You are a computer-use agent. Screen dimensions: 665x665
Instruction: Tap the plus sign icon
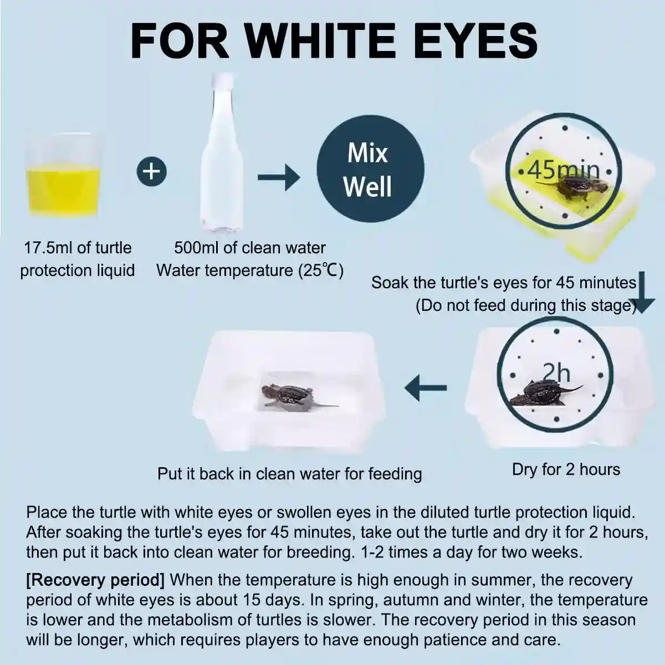coord(152,171)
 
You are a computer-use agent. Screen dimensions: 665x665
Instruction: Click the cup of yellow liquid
coord(63,176)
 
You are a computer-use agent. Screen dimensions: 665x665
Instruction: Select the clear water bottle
coord(222,152)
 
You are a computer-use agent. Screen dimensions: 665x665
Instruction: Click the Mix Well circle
coord(370,169)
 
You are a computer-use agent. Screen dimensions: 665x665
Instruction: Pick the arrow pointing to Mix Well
coord(279,177)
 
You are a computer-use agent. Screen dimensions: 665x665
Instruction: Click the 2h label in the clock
coord(556,374)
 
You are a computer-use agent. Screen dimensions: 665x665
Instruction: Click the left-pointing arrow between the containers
coord(426,388)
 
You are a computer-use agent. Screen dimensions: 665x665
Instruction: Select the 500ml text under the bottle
coord(196,248)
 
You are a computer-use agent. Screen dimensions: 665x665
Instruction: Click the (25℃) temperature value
coord(321,270)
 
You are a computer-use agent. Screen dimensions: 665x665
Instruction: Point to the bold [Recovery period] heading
coord(95,580)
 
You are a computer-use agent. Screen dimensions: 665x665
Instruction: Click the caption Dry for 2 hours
coord(566,470)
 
